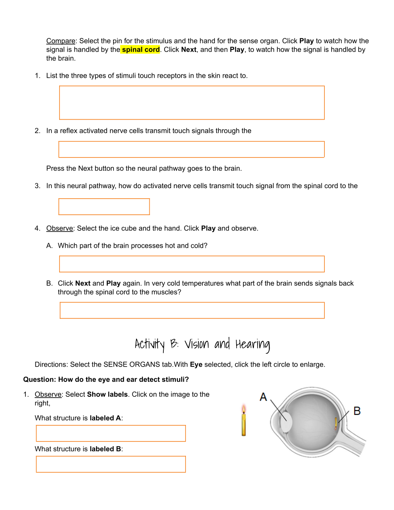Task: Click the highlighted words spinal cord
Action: coord(141,50)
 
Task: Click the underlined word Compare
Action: coord(61,41)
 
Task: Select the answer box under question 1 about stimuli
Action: coord(192,103)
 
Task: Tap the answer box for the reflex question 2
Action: coord(192,149)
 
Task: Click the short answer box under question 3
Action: coord(104,207)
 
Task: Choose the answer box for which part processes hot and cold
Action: coord(192,264)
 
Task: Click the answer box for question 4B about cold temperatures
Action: coord(192,310)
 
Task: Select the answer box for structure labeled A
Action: coord(111,433)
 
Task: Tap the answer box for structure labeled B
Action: coord(111,464)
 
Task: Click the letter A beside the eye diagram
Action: coord(263,397)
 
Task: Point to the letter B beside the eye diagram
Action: coord(357,411)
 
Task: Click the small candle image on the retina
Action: coord(336,423)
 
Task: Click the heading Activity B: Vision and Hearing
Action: coord(202,344)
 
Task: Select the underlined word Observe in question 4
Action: coord(60,228)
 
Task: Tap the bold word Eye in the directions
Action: coord(196,365)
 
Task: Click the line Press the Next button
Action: coord(144,168)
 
